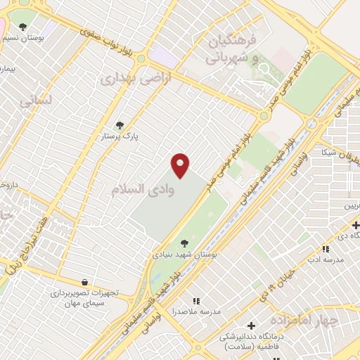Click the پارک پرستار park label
[119, 135]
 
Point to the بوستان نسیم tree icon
[23, 27]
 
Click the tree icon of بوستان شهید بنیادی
[184, 243]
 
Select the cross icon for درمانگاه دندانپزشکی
[251, 326]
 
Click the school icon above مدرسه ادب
[325, 249]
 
